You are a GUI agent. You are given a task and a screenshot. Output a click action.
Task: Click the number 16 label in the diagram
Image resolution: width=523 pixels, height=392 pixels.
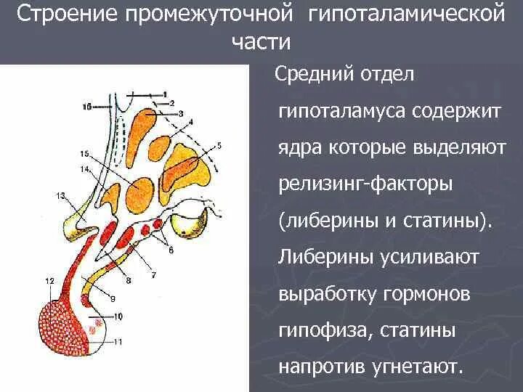point(86,106)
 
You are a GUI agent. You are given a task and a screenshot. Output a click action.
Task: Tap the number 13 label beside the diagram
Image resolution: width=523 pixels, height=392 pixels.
point(60,195)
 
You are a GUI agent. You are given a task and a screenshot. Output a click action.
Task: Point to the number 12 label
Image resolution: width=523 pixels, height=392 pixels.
point(49,280)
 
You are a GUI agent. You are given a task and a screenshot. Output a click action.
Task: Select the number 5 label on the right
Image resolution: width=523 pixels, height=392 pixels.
point(219,145)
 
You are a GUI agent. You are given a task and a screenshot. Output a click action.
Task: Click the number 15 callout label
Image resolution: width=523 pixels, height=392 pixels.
point(84,154)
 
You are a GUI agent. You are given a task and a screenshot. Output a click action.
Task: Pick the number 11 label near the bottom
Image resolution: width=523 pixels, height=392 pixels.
point(119,340)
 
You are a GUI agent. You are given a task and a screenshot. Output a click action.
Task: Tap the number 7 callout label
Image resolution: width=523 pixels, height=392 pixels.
point(153,275)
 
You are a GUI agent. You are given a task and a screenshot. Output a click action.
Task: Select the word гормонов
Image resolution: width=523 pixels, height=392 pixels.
point(425,295)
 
